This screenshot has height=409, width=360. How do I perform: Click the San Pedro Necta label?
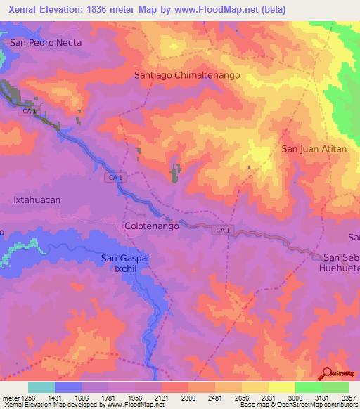pyautogui.click(x=46, y=42)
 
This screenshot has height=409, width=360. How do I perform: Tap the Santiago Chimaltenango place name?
pyautogui.click(x=187, y=74)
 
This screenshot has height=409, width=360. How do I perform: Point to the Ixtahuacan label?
pyautogui.click(x=37, y=200)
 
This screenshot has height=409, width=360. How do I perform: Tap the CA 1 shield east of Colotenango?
pyautogui.click(x=223, y=231)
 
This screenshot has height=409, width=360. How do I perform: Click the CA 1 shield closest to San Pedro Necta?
pyautogui.click(x=29, y=111)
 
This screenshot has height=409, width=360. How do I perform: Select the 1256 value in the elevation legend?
pyautogui.click(x=29, y=397)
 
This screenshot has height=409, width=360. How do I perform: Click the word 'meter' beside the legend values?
pyautogui.click(x=9, y=397)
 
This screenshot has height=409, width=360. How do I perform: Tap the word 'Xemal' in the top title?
pyautogui.click(x=20, y=7)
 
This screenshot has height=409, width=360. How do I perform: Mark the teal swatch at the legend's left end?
pyautogui.click(x=41, y=387)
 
